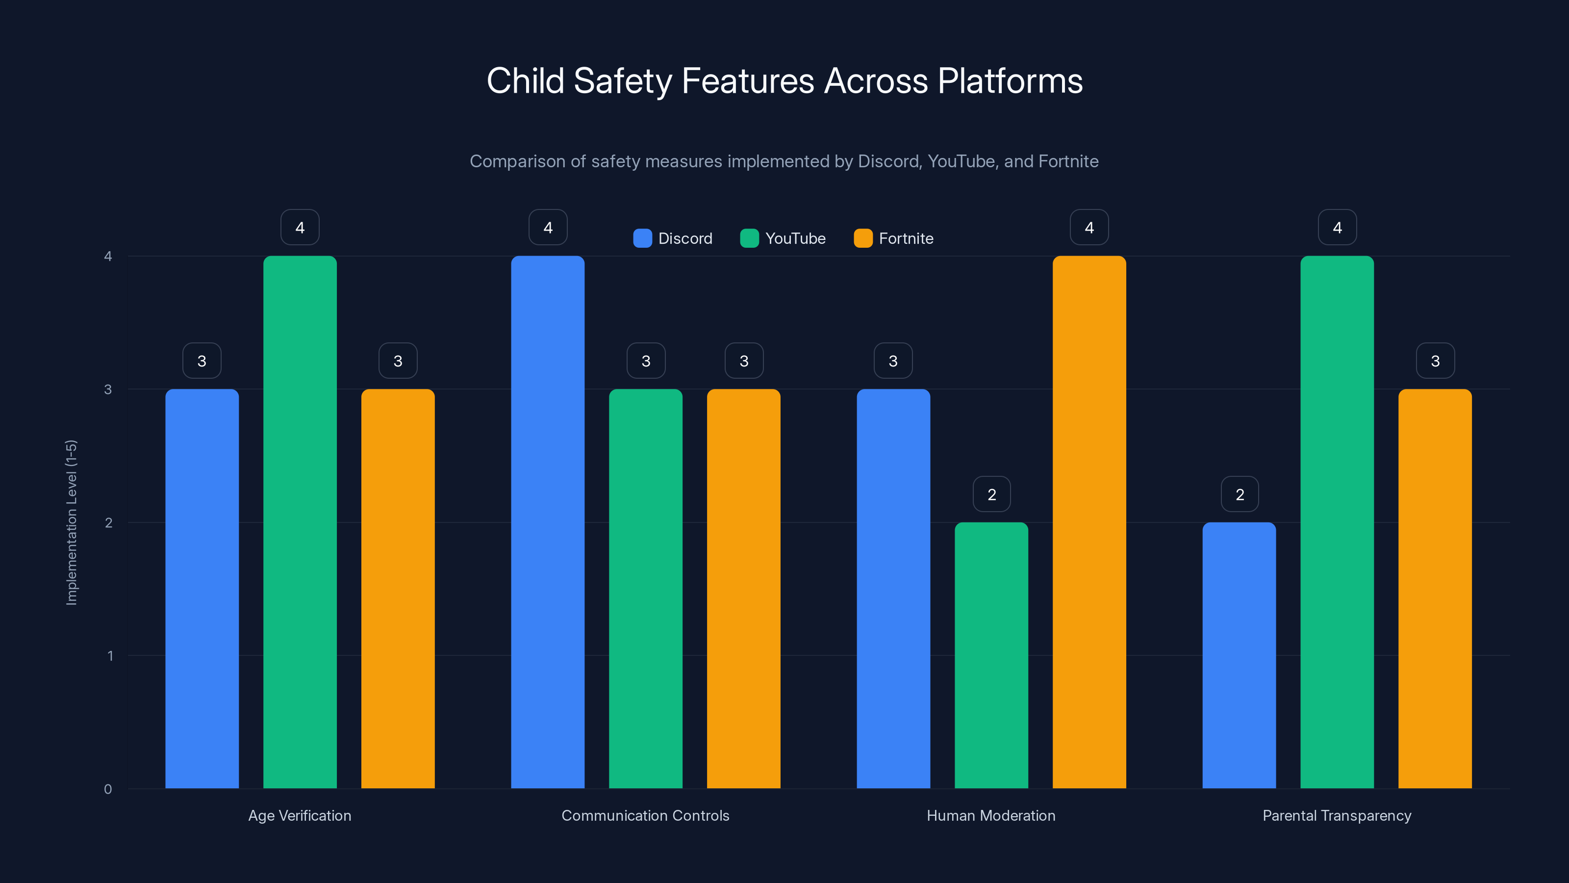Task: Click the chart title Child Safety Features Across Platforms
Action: click(x=784, y=81)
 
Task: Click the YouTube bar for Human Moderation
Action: click(x=991, y=655)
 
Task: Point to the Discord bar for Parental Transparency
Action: click(x=1239, y=655)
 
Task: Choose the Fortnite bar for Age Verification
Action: click(x=398, y=588)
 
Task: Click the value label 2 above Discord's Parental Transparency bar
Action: click(x=1240, y=494)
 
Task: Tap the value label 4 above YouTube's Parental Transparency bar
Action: click(x=1337, y=227)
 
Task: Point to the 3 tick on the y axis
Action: click(x=108, y=390)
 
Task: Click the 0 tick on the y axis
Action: click(x=108, y=789)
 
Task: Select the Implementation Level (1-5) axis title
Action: click(x=71, y=522)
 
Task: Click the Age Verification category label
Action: click(x=300, y=815)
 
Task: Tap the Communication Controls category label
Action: click(x=645, y=815)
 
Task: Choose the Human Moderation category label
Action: click(x=991, y=815)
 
